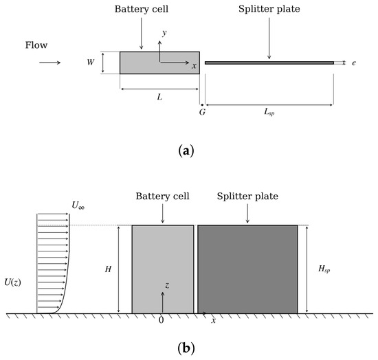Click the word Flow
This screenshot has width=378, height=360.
[36, 45]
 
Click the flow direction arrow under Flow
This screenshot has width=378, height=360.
[50, 63]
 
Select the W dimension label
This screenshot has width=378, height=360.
[91, 62]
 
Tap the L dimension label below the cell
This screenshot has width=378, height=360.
[159, 97]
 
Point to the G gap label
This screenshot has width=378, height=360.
[202, 112]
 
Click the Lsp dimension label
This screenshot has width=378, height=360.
[269, 112]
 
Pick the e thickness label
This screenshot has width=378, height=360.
[354, 63]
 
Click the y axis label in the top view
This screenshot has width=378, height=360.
[165, 33]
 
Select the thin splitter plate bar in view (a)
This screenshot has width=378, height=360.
[269, 63]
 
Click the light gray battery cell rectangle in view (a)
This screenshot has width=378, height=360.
[159, 63]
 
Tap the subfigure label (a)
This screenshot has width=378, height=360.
[186, 151]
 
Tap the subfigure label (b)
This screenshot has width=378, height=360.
[186, 348]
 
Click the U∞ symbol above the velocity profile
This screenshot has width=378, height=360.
[78, 205]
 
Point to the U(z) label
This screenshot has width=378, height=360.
[13, 282]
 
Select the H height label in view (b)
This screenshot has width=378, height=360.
[108, 269]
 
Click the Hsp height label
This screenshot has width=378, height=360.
[324, 269]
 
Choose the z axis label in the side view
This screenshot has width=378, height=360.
[167, 285]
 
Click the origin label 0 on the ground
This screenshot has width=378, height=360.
[162, 320]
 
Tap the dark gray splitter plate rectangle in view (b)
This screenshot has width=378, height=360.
[247, 269]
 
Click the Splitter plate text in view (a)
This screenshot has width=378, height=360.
[269, 9]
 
